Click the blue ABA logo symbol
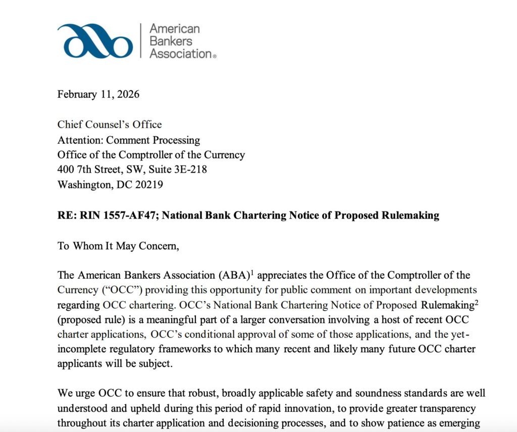click(95, 41)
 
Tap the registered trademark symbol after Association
click(215, 57)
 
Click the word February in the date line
click(77, 94)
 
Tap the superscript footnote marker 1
click(251, 273)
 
